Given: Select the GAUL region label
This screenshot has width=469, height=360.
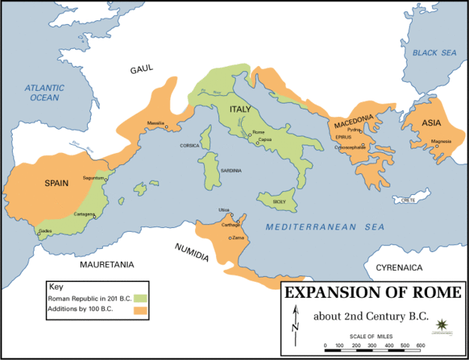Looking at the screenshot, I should [141, 68].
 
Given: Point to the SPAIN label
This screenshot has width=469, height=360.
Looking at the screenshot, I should [57, 182].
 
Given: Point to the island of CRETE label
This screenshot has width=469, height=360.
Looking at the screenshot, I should [408, 200].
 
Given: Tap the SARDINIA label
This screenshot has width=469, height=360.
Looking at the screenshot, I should [231, 170].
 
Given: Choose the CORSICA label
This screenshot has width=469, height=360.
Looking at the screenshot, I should [189, 145].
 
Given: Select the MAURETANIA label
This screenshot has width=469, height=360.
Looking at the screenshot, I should [107, 265].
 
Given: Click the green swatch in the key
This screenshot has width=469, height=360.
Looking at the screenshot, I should [140, 298].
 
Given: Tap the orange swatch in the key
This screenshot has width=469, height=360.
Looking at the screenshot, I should [140, 310].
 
